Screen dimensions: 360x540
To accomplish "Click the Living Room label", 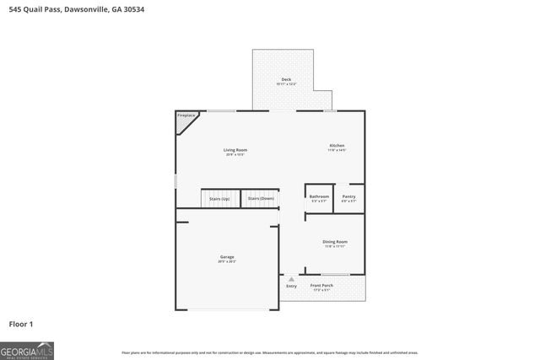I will (235, 150).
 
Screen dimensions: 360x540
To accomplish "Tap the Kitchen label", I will (337, 146).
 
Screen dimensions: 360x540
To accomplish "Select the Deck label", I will (286, 79).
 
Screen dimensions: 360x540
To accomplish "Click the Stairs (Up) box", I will (219, 198).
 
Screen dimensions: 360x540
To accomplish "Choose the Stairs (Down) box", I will (260, 198).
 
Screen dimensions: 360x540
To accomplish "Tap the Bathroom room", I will (319, 197).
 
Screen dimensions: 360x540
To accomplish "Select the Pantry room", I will (349, 197).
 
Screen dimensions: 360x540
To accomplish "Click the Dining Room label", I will (335, 242).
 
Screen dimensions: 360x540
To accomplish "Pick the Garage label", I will (227, 256).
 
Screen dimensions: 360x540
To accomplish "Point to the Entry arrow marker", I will (292, 278).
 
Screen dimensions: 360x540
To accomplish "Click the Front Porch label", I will (321, 286).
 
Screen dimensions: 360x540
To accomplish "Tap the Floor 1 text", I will (22, 323).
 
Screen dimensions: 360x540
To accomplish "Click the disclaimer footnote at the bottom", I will (269, 352).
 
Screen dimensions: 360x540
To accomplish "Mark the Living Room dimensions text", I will (235, 155).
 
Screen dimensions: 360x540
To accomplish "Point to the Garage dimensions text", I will (227, 261).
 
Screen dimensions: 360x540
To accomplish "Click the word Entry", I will (291, 286).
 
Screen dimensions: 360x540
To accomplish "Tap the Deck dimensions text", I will (286, 84).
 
